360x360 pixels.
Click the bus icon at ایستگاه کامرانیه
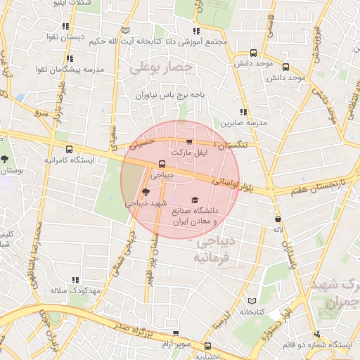tap(69, 149)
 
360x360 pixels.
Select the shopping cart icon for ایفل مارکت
tap(189, 141)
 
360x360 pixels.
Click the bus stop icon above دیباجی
tap(162, 165)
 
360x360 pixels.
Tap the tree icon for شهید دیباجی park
tap(146, 192)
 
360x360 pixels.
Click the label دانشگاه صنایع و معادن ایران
tap(192, 215)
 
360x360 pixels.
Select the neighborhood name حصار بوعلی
tap(160, 68)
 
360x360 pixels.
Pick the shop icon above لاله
tap(278, 219)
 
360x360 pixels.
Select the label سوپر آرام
tap(177, 343)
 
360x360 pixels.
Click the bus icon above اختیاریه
tap(207, 346)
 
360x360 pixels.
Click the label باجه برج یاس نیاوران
tap(173, 94)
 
